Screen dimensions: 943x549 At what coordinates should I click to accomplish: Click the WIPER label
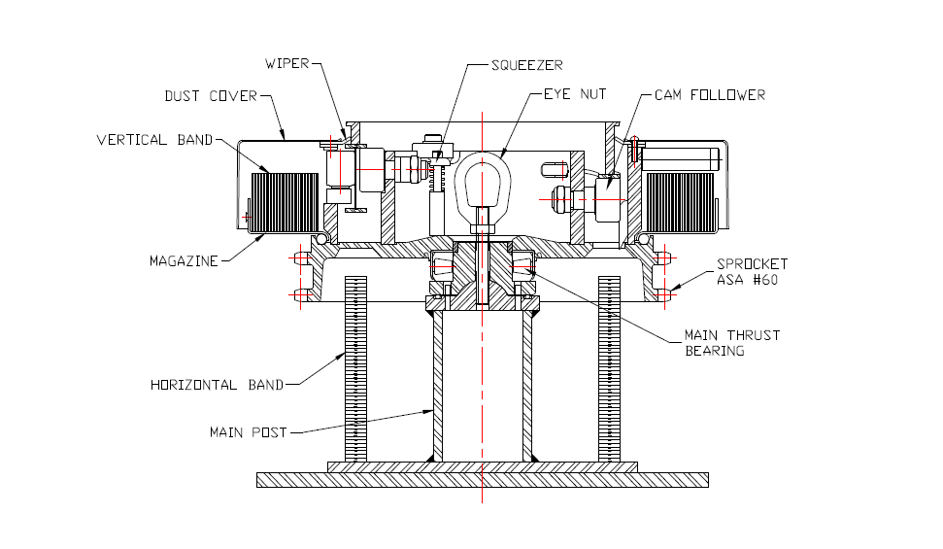286,63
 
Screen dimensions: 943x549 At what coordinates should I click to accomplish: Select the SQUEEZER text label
526,65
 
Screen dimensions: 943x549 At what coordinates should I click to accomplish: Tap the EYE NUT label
575,94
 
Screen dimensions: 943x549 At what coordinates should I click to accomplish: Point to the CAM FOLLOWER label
710,95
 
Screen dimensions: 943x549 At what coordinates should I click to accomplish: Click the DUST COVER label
211,96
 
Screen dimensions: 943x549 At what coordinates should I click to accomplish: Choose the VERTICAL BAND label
154,140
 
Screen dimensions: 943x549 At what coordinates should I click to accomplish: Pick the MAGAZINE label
184,260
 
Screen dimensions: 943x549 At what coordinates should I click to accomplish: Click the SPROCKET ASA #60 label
752,271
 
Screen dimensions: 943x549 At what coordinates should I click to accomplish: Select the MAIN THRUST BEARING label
732,343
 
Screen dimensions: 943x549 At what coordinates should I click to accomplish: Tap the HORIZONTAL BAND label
217,385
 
